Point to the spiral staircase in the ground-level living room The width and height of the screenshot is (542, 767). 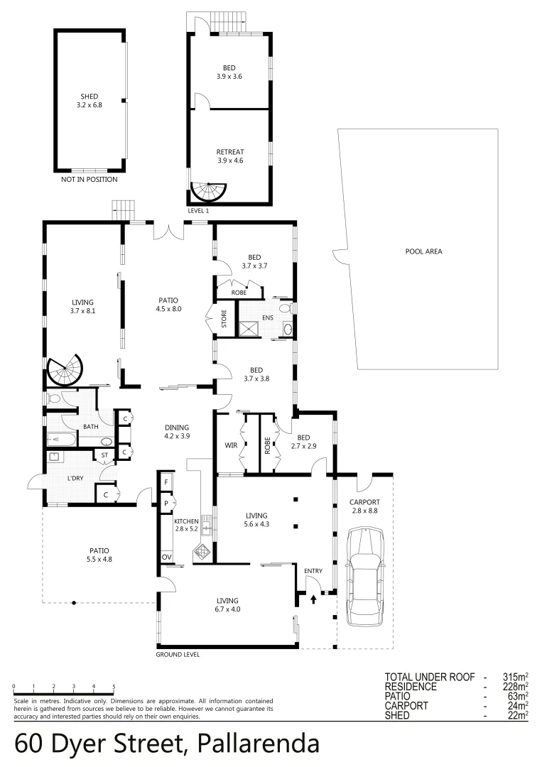coord(65,371)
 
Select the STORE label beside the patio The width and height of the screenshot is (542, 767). coord(223,319)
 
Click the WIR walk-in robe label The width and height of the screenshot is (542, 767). coord(230,445)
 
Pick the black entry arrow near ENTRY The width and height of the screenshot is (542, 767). coord(313,599)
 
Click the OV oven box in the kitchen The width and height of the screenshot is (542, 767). coord(166,557)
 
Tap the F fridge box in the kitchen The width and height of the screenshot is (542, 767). coord(166,482)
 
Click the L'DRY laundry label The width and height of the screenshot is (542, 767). coord(75,478)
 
